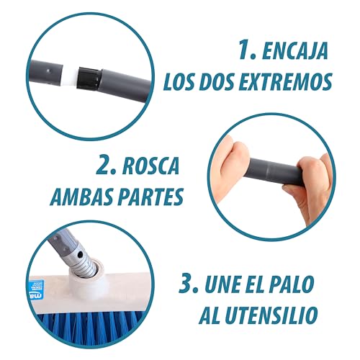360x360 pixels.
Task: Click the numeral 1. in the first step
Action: [248, 52]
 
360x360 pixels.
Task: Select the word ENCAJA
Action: [297, 52]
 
